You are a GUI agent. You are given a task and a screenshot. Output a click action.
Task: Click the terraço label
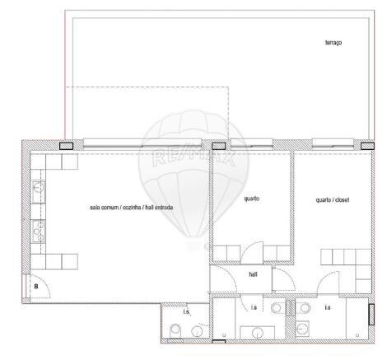click(x=333, y=43)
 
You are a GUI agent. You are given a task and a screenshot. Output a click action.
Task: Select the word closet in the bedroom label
click(x=342, y=200)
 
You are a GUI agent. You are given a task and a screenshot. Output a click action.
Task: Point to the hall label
click(x=253, y=274)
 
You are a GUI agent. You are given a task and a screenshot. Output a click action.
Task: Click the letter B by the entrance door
click(x=36, y=287)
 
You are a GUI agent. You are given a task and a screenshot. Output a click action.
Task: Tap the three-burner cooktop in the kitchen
click(x=38, y=231)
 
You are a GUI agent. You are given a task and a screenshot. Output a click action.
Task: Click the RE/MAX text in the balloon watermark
click(x=193, y=157)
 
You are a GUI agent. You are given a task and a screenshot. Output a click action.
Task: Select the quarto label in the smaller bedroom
click(x=251, y=199)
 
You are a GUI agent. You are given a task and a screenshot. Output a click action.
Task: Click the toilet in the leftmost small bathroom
click(x=175, y=330)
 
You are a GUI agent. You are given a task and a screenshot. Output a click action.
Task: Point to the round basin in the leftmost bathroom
click(x=197, y=331)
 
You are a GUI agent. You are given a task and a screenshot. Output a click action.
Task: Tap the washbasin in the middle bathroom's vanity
click(x=258, y=333)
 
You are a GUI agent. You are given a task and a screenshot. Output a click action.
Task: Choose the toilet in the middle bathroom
click(x=277, y=307)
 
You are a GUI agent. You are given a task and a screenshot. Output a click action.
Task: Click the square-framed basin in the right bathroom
click(x=302, y=328)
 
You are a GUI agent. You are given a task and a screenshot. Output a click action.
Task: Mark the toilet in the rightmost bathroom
click(x=303, y=308)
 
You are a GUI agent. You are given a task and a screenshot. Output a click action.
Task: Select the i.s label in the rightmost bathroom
click(x=328, y=307)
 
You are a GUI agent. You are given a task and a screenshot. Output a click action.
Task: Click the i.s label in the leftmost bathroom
click(x=186, y=311)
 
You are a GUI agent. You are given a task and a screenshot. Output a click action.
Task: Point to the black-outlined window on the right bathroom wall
click(x=371, y=315)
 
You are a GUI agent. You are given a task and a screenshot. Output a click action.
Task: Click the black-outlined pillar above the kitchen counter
click(x=66, y=146)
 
